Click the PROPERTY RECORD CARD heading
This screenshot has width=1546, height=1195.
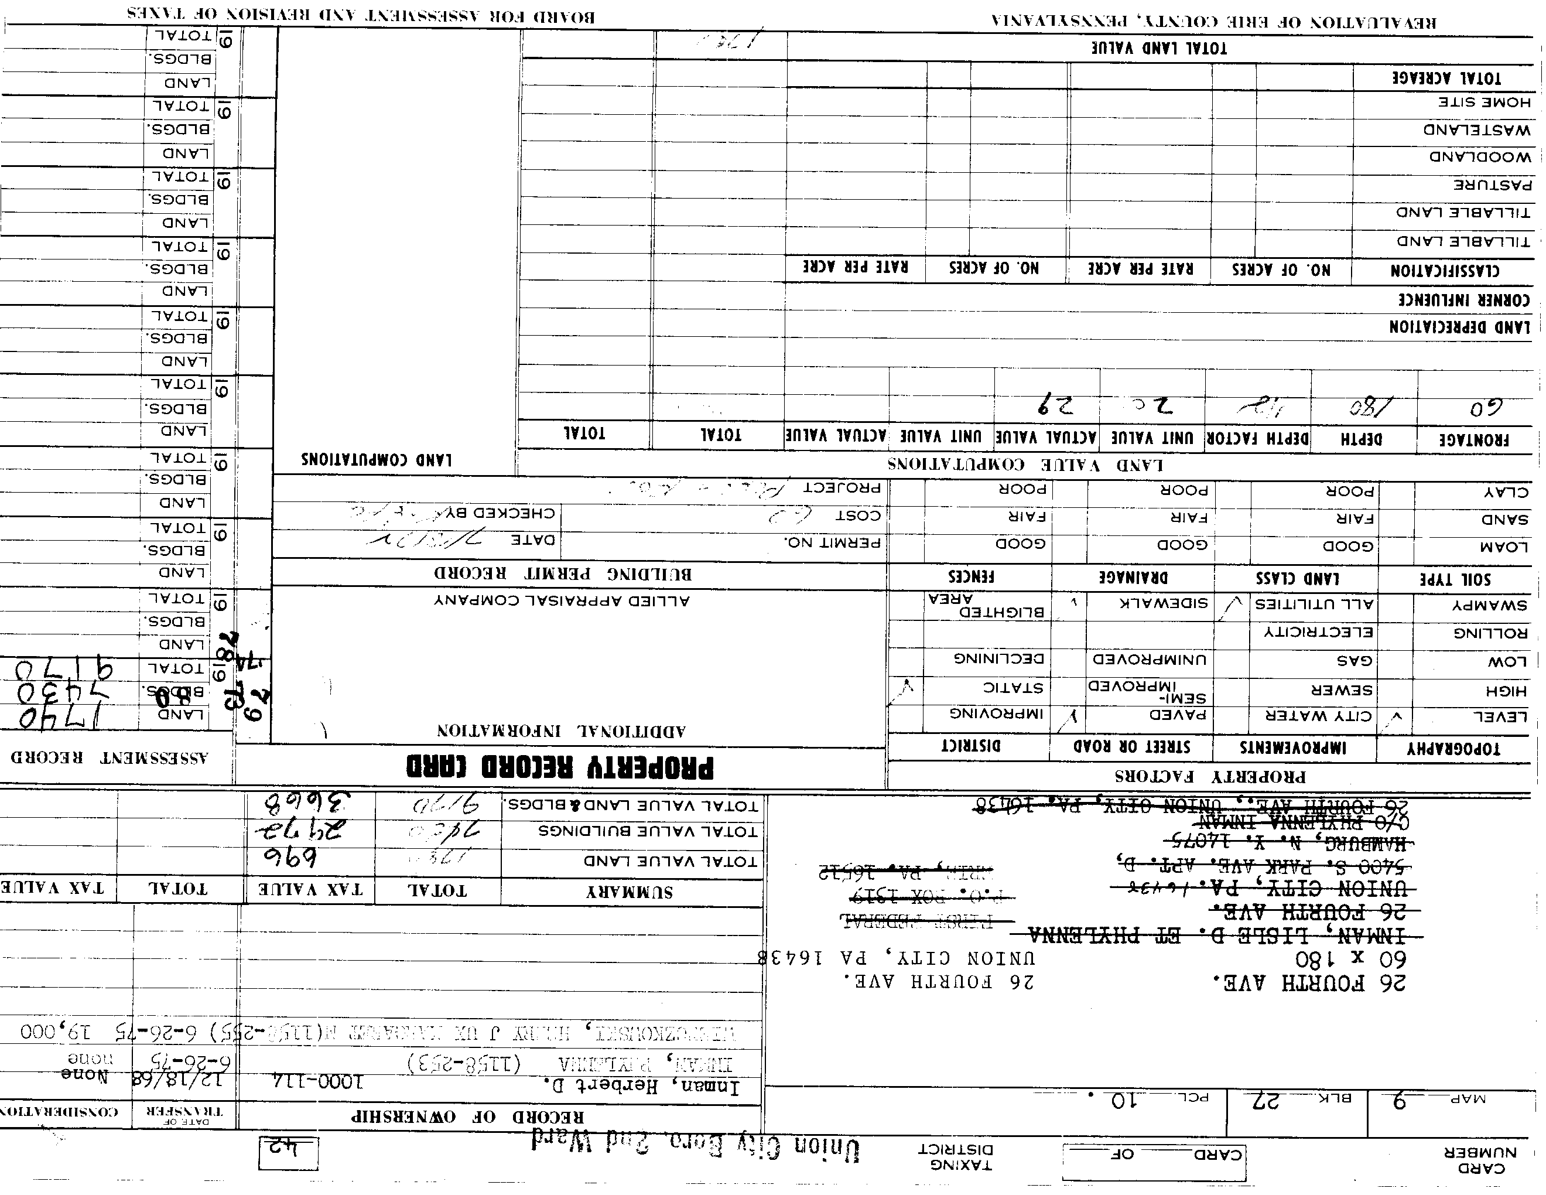[560, 767]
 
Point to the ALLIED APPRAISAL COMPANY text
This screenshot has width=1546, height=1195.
[562, 601]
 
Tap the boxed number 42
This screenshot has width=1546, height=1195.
[289, 1154]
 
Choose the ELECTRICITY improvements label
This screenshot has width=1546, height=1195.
[1319, 632]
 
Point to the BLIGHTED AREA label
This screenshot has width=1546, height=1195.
[987, 607]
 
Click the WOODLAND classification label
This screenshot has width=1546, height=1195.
[1479, 157]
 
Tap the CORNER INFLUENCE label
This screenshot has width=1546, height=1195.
[1463, 299]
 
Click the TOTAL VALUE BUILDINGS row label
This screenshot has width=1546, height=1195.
[648, 831]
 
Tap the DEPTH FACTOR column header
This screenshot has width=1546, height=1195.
[1257, 438]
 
